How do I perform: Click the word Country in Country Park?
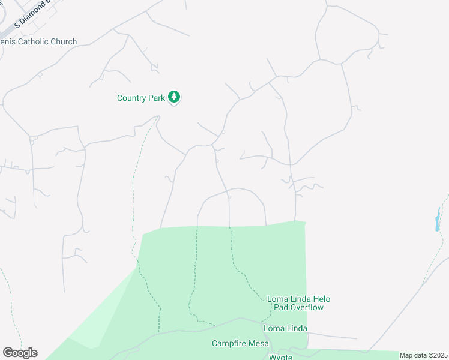coord(131,98)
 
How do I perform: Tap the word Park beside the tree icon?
coord(156,98)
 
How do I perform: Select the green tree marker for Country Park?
coord(174,97)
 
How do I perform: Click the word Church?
coord(64,42)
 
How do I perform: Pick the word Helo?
coord(319,299)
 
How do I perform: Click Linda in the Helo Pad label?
coord(297,299)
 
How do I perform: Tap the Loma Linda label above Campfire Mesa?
coord(285,329)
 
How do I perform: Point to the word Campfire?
coord(229,344)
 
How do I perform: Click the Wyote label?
coord(280,357)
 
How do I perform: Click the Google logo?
coord(20,353)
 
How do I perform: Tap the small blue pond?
coord(438,220)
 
